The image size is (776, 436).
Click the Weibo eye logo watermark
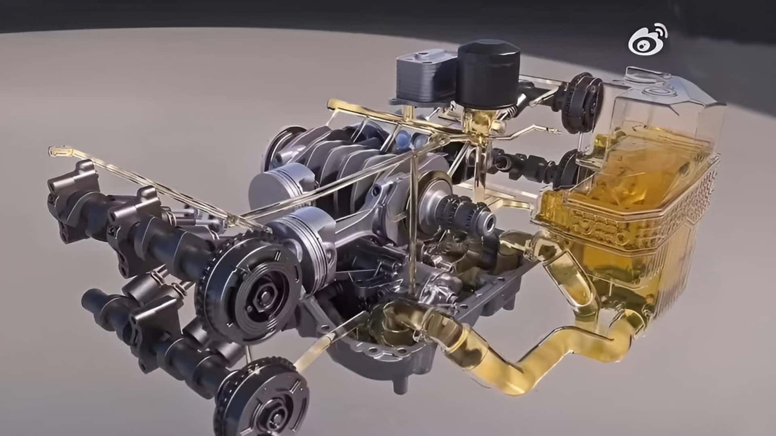pyautogui.click(x=647, y=40)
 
